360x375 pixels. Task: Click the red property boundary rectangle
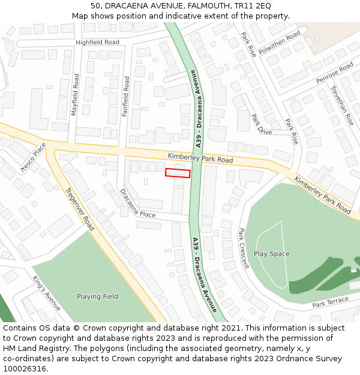[x=178, y=173]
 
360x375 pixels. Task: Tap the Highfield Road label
[x=97, y=43]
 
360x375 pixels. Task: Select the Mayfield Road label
[x=75, y=95]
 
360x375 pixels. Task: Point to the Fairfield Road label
[x=126, y=96]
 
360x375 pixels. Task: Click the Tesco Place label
[x=34, y=157]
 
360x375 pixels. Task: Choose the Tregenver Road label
[x=80, y=209]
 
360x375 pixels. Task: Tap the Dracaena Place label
[x=138, y=205]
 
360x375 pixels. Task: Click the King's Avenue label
[x=46, y=293]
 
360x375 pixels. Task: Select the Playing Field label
[x=97, y=296]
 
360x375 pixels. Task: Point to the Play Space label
[x=271, y=254]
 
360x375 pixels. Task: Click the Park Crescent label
[x=243, y=248]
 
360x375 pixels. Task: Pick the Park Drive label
[x=261, y=125]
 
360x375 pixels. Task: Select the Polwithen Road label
[x=279, y=43]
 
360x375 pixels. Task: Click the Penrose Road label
[x=335, y=73]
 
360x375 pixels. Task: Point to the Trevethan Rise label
[x=341, y=105]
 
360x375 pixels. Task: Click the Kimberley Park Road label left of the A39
[x=200, y=158]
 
